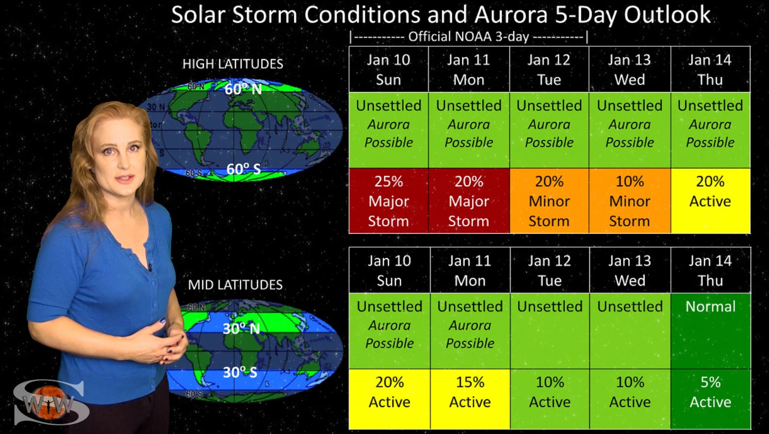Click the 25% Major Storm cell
coord(388,201)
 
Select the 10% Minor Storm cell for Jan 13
coord(630,201)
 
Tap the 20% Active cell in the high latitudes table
coord(710,201)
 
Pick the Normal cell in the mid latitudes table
coord(710,331)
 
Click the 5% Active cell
coord(710,399)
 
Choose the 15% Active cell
coord(470,399)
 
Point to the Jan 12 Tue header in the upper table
coord(549,69)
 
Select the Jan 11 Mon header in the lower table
coord(470,270)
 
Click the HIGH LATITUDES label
coord(233,64)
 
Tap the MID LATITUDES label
coord(235,285)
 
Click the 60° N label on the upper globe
coord(243,89)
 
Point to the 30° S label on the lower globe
coord(240,372)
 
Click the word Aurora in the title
coord(511,15)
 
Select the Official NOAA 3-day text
coord(469,37)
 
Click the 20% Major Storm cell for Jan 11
coord(469,201)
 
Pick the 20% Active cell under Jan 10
coord(389,399)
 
